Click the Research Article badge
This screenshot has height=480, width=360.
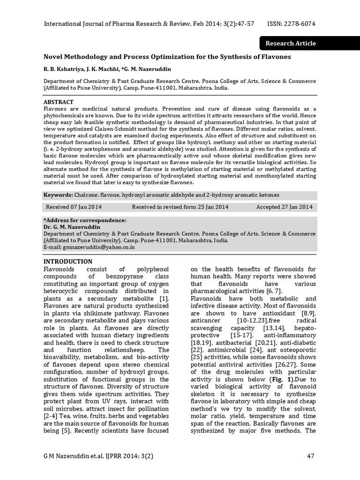(290, 44)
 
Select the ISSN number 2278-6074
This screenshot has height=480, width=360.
(298, 23)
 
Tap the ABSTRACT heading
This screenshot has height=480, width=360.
(58, 102)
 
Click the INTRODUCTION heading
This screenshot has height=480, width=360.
(68, 261)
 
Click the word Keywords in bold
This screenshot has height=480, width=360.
(58, 195)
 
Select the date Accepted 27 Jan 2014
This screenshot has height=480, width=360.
(284, 207)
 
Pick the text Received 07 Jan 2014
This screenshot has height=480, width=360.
(74, 207)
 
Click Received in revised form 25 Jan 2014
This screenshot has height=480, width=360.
(180, 207)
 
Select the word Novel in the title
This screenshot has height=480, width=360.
(53, 57)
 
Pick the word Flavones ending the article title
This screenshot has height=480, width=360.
(276, 57)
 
